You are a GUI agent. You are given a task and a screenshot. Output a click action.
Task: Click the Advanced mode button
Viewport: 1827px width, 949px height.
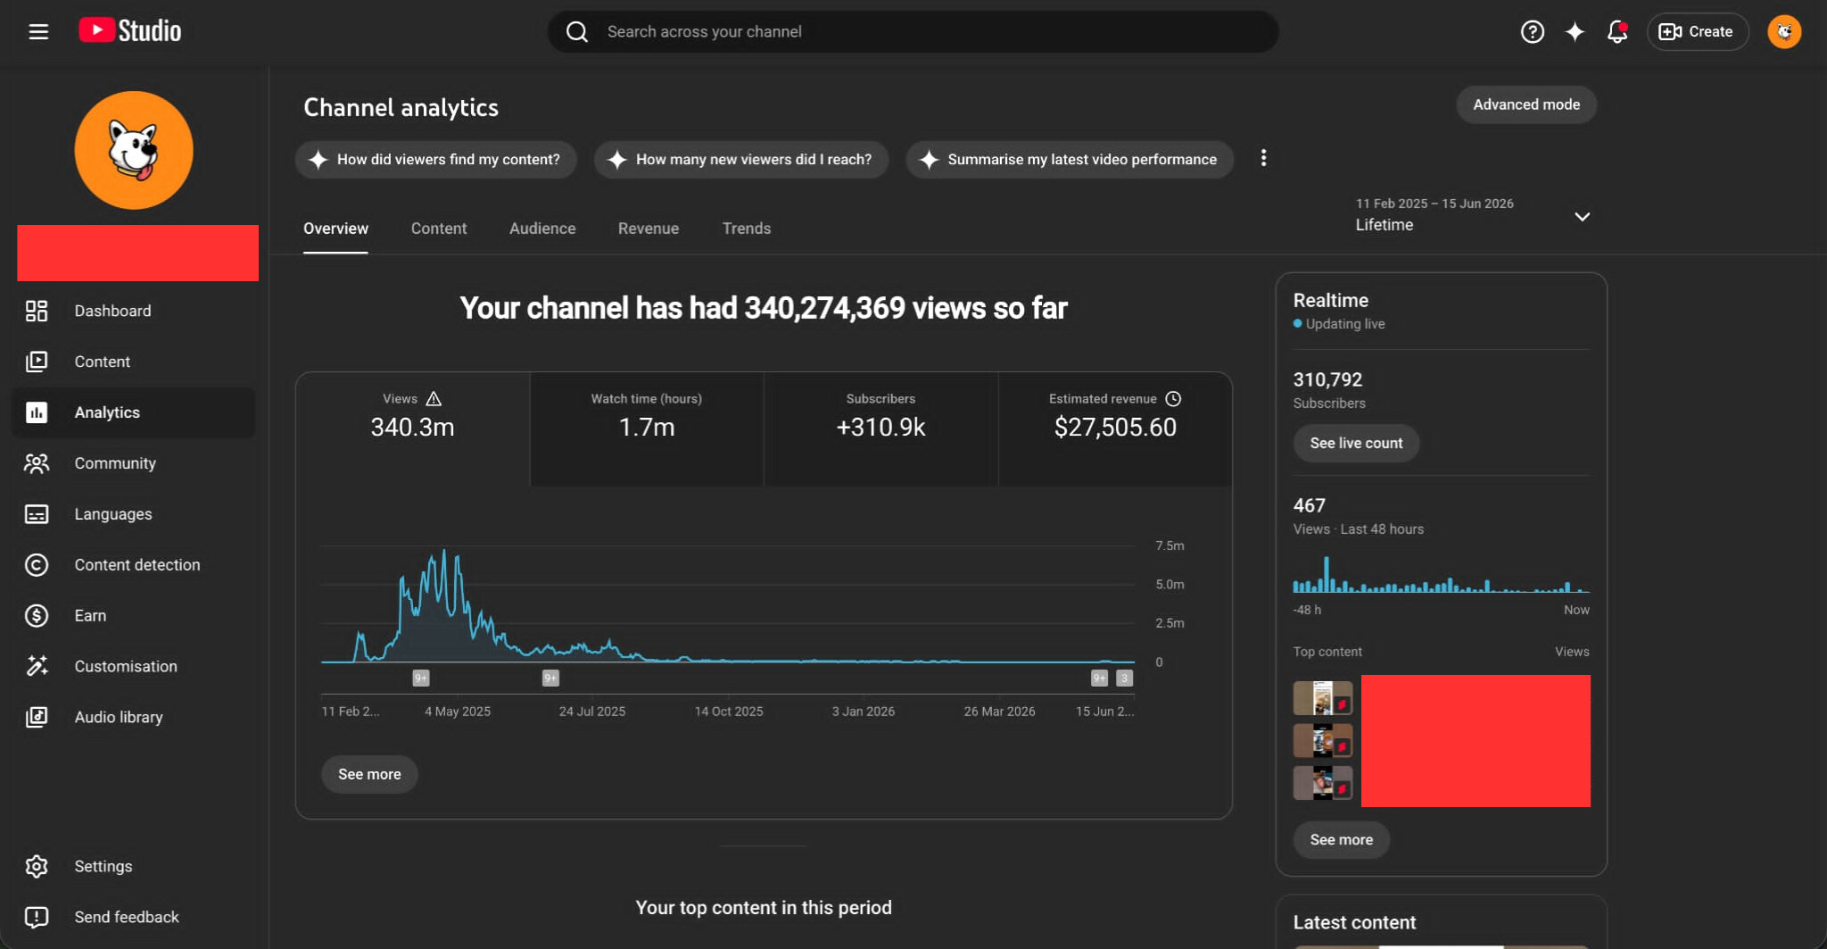click(x=1526, y=104)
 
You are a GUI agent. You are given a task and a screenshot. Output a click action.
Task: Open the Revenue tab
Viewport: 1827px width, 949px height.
click(x=649, y=229)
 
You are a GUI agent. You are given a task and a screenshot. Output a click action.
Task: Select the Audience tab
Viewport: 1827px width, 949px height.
click(x=542, y=229)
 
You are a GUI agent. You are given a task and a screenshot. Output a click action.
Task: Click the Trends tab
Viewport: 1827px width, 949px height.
click(x=747, y=229)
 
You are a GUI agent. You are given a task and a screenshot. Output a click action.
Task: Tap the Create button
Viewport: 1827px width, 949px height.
click(x=1697, y=32)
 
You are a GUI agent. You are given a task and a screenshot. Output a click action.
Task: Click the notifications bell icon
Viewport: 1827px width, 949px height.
click(x=1617, y=32)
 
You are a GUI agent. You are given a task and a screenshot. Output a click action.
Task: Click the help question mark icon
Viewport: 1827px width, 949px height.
click(x=1533, y=32)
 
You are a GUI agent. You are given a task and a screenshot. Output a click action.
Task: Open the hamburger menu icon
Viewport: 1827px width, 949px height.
click(x=38, y=32)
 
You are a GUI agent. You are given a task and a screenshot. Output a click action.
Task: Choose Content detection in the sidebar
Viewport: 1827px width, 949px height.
click(x=136, y=565)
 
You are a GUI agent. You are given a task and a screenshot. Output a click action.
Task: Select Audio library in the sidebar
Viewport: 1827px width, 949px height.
click(x=118, y=718)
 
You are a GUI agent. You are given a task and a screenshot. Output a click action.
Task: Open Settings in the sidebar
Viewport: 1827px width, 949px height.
click(x=103, y=867)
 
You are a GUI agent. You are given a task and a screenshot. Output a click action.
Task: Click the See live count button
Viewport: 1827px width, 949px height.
click(x=1356, y=444)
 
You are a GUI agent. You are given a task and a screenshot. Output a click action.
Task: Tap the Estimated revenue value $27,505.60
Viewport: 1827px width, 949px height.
click(x=1115, y=428)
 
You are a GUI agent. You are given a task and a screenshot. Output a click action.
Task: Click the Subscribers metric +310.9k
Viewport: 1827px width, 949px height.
click(x=880, y=428)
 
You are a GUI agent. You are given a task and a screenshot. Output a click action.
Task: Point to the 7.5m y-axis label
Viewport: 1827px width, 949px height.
click(x=1170, y=545)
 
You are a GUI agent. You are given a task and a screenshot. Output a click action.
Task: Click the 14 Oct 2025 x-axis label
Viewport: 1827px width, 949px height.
click(x=729, y=712)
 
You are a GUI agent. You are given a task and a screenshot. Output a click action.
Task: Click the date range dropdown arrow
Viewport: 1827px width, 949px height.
click(x=1582, y=217)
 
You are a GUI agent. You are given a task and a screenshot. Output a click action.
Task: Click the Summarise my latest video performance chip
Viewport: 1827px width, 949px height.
click(x=1070, y=160)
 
